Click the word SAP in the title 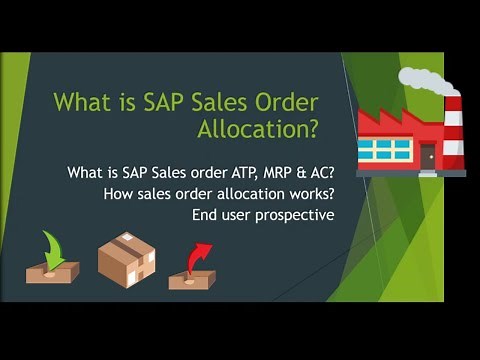[x=162, y=102]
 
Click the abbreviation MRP [x=282, y=174]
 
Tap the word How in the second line [x=118, y=194]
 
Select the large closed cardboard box [x=124, y=258]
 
